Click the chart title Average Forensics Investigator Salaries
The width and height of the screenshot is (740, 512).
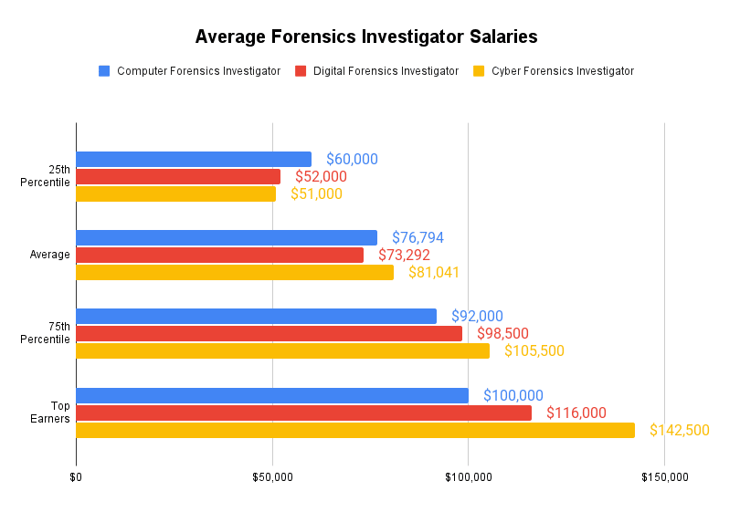[x=366, y=37]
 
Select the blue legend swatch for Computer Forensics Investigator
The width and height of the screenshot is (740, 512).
[x=104, y=71]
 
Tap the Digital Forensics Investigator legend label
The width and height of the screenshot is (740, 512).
[x=386, y=71]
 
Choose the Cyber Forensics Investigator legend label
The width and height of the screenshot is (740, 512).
[x=562, y=71]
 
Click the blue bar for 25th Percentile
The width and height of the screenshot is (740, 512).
[x=194, y=159]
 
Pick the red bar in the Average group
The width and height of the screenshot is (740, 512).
[x=219, y=255]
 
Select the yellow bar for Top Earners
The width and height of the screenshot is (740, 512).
[x=355, y=430]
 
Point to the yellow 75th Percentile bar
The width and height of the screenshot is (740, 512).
[x=282, y=350]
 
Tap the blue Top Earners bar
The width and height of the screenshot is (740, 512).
[x=272, y=395]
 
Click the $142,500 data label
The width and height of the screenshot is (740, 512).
[x=679, y=430]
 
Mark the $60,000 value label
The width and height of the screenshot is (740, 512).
[x=352, y=159]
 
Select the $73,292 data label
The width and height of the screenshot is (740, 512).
[x=404, y=255]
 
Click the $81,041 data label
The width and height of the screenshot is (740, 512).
[x=433, y=272]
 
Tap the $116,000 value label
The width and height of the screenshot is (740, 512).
[x=576, y=413]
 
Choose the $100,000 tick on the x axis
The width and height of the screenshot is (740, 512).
[x=469, y=476]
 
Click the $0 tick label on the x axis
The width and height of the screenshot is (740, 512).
[x=76, y=476]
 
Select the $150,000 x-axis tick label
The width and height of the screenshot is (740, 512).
[x=664, y=476]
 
